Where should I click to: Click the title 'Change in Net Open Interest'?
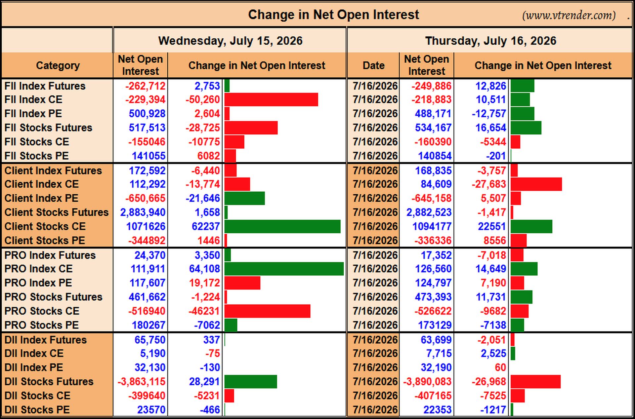click(333, 15)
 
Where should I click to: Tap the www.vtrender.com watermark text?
click(569, 16)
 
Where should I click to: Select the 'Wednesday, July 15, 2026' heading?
click(230, 41)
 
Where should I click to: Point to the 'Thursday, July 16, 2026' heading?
click(490, 41)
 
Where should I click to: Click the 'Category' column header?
click(58, 65)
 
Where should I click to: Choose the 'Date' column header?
click(373, 65)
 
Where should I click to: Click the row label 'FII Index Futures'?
click(45, 86)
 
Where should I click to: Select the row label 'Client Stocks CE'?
click(45, 226)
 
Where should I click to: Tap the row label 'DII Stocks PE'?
click(37, 410)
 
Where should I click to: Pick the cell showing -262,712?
click(145, 86)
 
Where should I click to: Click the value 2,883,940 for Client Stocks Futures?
click(143, 212)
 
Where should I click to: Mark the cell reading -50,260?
click(202, 99)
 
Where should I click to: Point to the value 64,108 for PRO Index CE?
click(204, 269)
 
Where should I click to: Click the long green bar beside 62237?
click(282, 227)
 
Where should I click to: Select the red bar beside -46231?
click(267, 311)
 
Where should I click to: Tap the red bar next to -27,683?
click(536, 184)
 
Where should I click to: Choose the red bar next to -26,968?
click(535, 382)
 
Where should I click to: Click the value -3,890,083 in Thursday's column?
click(427, 382)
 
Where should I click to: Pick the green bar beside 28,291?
click(251, 382)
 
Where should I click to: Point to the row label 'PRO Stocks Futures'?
click(53, 297)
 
